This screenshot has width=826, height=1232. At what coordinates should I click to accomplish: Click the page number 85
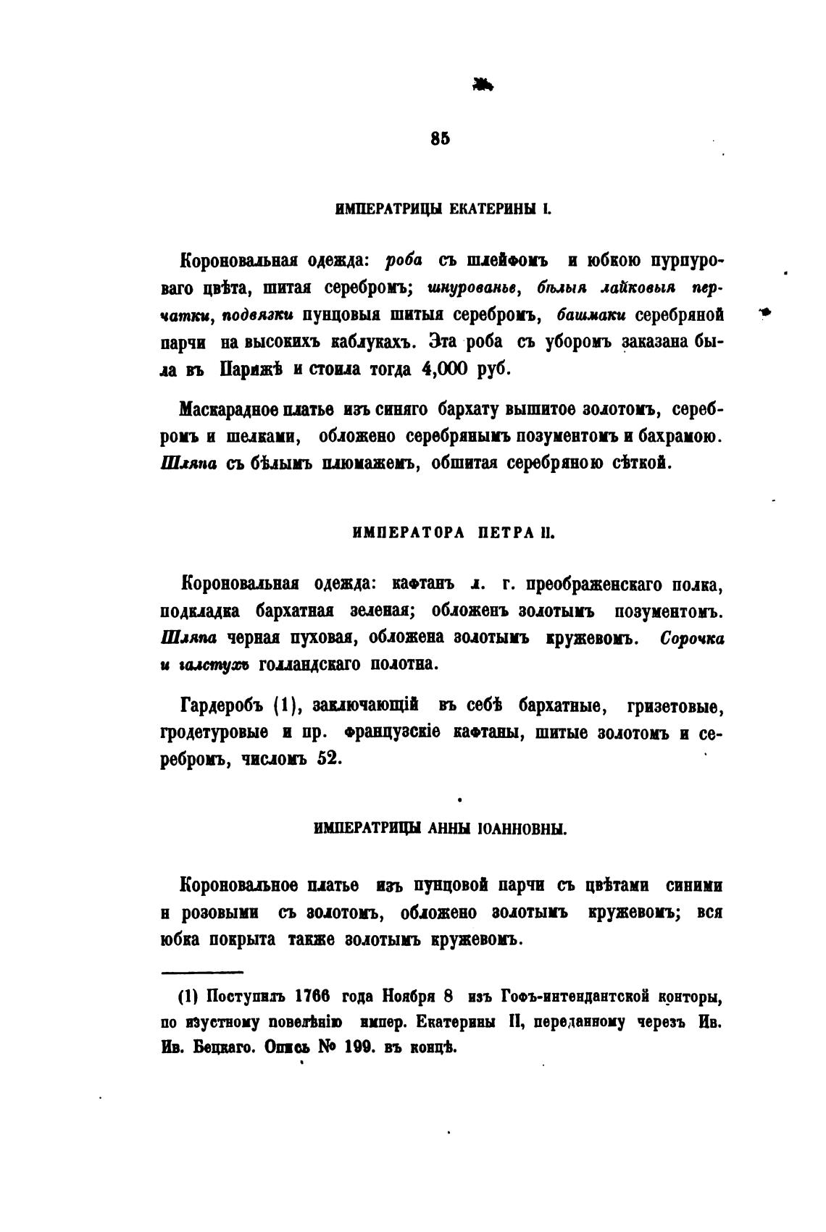pyautogui.click(x=440, y=140)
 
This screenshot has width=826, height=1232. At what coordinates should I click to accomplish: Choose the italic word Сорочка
pyautogui.click(x=691, y=638)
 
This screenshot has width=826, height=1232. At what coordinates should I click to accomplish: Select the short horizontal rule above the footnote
pyautogui.click(x=202, y=972)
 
